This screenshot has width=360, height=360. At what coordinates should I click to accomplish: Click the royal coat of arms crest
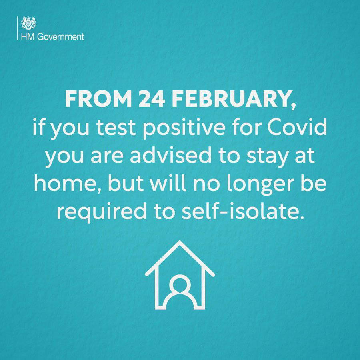click(29, 23)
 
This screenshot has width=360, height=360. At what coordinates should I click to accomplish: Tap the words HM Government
click(52, 37)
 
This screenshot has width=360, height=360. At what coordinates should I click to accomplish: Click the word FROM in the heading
click(98, 99)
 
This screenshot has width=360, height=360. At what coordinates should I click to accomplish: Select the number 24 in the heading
click(152, 99)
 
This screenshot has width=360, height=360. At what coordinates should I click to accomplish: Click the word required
click(102, 212)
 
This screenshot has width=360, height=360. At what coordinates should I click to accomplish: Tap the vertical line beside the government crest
click(18, 28)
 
